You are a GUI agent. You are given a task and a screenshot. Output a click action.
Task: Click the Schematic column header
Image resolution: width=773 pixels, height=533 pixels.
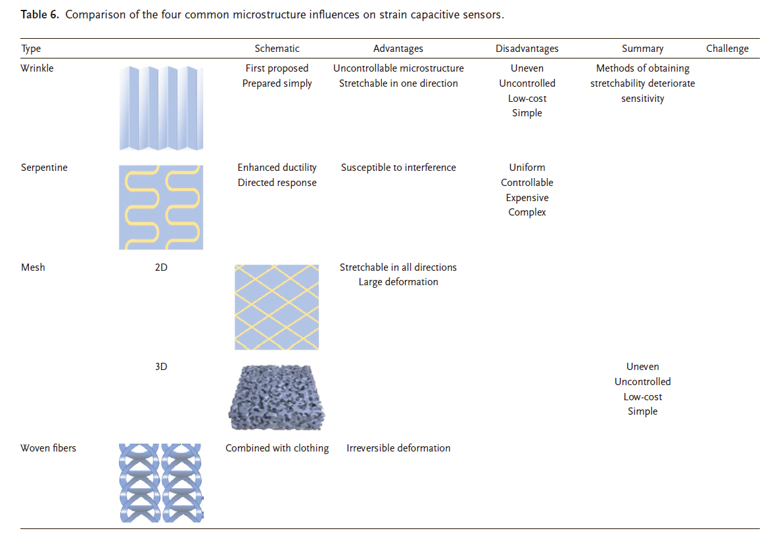277,49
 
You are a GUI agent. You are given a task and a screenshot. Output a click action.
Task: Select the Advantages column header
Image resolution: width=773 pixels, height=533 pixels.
398,49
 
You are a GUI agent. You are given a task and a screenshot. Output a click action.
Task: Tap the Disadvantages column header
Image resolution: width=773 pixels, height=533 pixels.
527,49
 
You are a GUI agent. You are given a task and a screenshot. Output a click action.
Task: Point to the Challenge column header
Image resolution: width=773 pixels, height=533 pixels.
727,49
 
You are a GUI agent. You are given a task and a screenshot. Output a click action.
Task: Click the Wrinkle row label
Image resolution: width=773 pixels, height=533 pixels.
37,68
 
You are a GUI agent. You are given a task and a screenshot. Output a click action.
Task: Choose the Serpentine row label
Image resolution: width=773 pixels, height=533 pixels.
44,168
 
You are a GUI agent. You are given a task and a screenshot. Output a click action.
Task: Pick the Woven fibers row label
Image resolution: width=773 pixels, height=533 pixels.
49,448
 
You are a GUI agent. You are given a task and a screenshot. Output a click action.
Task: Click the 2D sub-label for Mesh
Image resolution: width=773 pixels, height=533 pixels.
161,267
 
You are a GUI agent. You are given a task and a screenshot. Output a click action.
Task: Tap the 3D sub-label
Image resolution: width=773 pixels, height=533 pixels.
161,366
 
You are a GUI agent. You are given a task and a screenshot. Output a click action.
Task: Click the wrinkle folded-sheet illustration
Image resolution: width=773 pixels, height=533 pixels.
161,108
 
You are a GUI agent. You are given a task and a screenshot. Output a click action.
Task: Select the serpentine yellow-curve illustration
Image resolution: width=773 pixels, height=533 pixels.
161,207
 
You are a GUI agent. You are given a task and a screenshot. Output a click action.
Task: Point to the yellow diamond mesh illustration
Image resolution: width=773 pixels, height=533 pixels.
277,307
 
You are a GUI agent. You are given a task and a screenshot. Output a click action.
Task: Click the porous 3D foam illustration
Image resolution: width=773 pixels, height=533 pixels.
277,398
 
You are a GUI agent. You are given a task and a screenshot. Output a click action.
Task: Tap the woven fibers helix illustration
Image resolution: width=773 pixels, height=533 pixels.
161,482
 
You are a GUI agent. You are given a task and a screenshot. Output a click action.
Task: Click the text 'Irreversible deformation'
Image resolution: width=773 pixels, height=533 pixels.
398,448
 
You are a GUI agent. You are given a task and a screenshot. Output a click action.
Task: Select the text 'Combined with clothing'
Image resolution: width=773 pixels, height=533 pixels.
277,448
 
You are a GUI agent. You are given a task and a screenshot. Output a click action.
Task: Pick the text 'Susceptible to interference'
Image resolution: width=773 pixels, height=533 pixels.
398,168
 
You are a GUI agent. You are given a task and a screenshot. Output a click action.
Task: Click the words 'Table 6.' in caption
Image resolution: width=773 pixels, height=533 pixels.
39,15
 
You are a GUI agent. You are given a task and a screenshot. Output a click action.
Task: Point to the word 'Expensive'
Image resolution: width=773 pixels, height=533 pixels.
527,198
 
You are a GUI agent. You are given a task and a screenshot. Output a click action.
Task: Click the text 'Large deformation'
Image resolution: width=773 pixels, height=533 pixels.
398,282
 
